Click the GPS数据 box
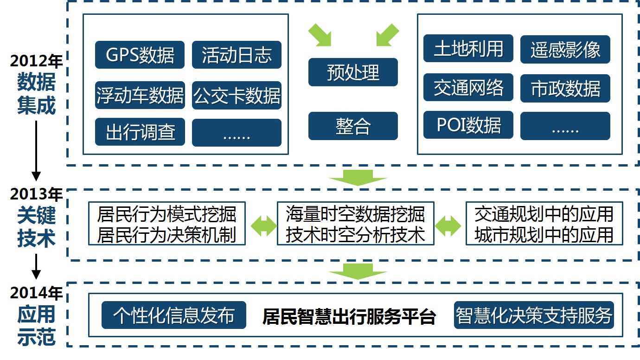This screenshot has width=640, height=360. pos(140,55)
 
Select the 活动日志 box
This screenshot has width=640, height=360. pos(237,55)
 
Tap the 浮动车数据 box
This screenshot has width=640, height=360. pos(140,95)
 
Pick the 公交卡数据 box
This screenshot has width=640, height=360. pos(237,95)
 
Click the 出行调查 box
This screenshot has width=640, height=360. pos(140,132)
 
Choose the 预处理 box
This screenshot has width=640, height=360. pos(353,72)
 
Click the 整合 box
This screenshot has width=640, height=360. pos(353,126)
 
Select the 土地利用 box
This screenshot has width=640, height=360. pos(468,48)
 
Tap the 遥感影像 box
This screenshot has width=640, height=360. pos(565,49)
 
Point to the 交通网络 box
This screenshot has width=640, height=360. pos(468,87)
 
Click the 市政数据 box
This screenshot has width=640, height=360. pos(565,88)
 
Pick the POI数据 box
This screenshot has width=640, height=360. pos(468,125)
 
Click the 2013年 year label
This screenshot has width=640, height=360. pos(36,194)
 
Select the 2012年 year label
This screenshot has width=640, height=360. pos(36,61)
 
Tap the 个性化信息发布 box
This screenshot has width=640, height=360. pos(174,315)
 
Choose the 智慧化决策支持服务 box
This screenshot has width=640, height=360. pos(534,315)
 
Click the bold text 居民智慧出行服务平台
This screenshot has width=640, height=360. pos(349,316)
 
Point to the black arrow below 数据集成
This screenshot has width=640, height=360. pos(36,151)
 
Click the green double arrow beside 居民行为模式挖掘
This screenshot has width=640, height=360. pos(263,226)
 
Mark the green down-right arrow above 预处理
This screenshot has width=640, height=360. pos(320,35)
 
